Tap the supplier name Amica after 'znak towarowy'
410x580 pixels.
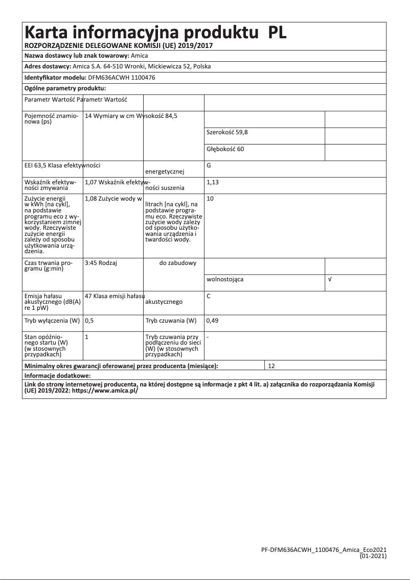140,56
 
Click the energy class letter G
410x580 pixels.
209,165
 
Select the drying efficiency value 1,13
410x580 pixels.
212,182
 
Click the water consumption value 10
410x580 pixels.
210,198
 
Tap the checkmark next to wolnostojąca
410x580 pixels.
330,280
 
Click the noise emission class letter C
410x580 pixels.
209,296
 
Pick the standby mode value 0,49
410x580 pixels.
212,321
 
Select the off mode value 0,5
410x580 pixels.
89,321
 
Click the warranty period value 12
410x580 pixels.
271,366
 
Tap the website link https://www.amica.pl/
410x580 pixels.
105,390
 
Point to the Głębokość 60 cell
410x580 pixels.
225,149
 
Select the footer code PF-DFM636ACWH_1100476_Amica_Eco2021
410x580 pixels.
324,549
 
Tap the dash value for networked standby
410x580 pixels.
208,337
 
